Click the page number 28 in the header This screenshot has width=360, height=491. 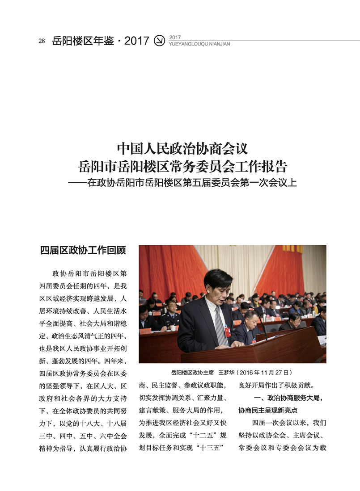[x=42, y=41]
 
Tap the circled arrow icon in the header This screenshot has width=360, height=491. [x=159, y=41]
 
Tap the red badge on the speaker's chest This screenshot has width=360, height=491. [x=228, y=332]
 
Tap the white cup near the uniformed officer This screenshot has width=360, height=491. [x=173, y=328]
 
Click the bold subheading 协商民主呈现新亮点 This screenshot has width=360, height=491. [x=268, y=410]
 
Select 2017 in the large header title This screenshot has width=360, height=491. [x=137, y=41]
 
